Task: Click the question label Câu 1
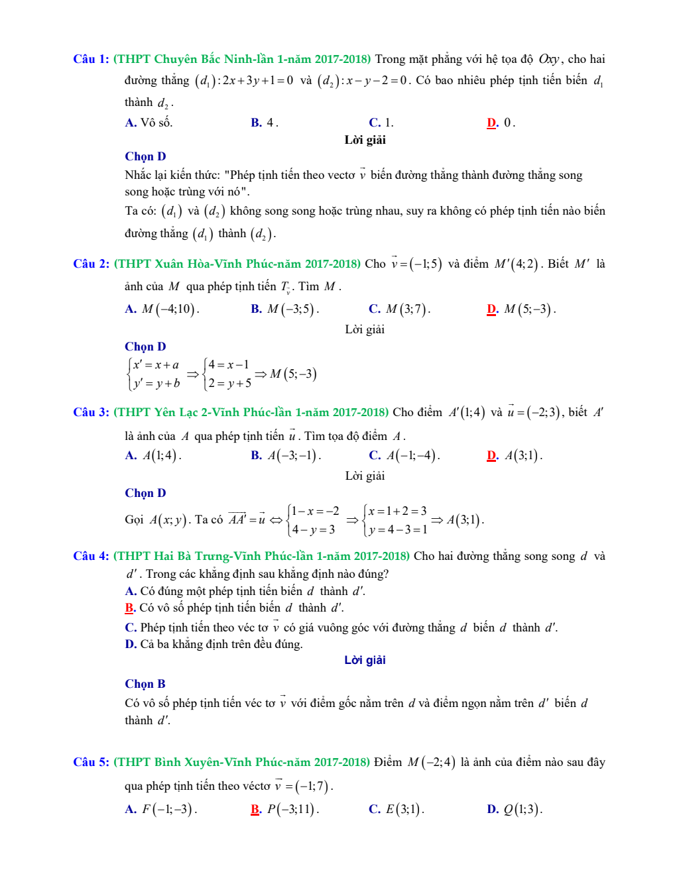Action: pos(91,59)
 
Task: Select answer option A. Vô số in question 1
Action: pos(149,123)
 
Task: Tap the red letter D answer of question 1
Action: pos(492,123)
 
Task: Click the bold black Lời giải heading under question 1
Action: pos(365,140)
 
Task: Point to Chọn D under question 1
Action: pos(145,156)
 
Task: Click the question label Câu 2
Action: pos(91,264)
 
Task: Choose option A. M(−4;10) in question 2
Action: pos(162,309)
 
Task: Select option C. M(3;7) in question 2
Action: pos(399,309)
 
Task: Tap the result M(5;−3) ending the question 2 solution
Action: pos(293,374)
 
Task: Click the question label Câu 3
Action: pos(91,412)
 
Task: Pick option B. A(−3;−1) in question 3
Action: pos(286,456)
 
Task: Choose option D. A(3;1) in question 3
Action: pos(515,456)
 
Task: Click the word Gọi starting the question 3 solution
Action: pos(134,520)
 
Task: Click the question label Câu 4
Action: pos(91,556)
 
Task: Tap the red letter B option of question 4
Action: pos(130,608)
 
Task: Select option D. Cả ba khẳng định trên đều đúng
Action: pos(214,644)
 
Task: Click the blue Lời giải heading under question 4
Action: pos(365,660)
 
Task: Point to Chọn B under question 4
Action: pos(145,684)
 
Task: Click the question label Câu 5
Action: pos(91,762)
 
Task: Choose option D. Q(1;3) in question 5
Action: pos(515,809)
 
